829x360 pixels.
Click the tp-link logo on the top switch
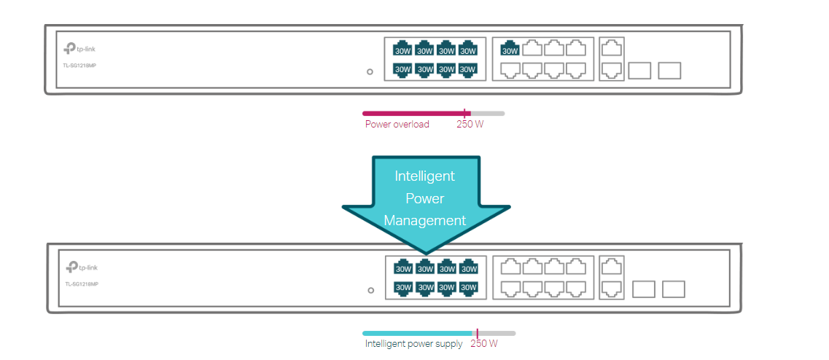point(79,49)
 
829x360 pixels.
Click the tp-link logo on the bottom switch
point(81,267)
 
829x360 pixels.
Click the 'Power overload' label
point(397,125)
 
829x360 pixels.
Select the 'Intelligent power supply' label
point(413,344)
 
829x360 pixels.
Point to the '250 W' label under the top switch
point(470,125)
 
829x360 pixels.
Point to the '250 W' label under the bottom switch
point(484,344)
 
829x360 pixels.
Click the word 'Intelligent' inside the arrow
point(424,176)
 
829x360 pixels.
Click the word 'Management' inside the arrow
point(424,220)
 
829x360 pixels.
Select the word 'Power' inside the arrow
point(424,198)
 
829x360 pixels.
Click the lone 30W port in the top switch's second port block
point(510,49)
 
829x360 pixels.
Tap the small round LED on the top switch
point(370,71)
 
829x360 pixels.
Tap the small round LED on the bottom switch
point(371,290)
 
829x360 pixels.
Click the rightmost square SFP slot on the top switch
point(669,71)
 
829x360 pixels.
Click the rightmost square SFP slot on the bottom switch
point(674,289)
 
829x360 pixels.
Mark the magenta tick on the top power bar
point(464,113)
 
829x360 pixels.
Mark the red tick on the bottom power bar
point(478,333)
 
